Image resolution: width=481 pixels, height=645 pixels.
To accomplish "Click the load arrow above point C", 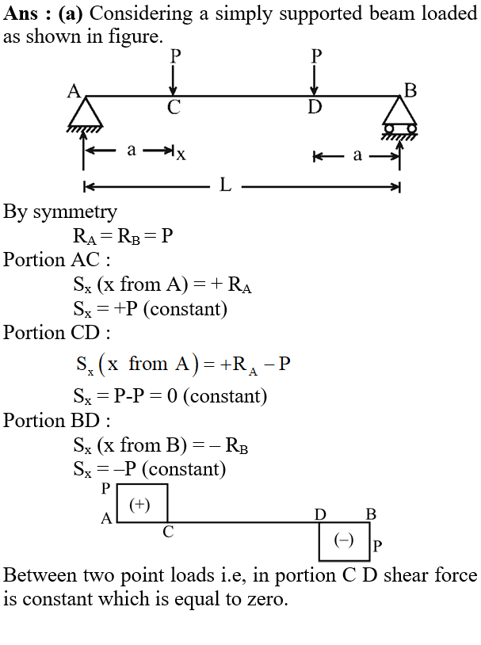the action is (174, 80).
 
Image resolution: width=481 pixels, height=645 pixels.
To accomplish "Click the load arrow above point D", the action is (315, 80).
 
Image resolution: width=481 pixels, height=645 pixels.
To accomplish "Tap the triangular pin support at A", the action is (85, 113).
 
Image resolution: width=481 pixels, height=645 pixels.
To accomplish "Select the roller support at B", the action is (399, 117).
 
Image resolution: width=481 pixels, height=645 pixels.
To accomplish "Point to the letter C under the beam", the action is (174, 107).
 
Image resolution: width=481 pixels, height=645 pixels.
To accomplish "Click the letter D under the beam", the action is (315, 107).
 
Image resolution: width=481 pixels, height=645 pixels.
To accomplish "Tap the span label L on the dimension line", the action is (226, 185).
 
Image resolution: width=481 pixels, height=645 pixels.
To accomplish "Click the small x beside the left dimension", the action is (181, 155).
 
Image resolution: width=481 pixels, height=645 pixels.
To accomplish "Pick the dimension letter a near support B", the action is (357, 155).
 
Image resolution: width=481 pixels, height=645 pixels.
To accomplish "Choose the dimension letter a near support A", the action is (132, 150).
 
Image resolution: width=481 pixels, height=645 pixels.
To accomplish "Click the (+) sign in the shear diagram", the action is (139, 505).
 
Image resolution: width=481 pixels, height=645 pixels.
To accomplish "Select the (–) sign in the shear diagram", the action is (344, 540).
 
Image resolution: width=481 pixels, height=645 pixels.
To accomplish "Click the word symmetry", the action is (75, 212).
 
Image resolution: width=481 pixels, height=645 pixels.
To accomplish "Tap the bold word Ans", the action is (21, 13).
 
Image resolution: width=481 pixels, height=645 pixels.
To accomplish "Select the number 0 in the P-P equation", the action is (172, 396).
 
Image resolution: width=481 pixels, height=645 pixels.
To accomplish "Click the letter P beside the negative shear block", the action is (377, 546).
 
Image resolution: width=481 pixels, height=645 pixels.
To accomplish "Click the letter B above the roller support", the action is (410, 90).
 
